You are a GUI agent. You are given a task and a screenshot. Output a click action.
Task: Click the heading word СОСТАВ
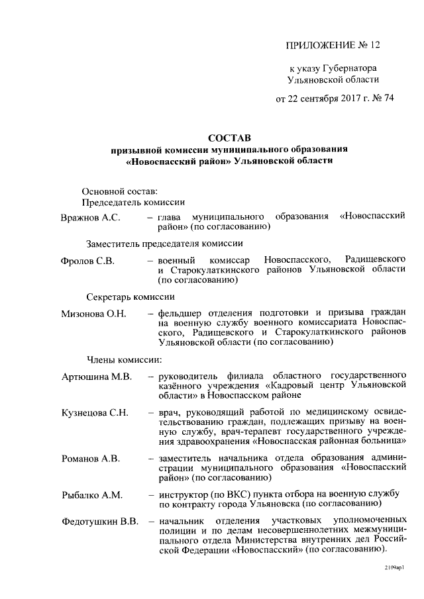[229, 138]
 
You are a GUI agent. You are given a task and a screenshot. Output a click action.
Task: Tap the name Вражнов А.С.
[90, 216]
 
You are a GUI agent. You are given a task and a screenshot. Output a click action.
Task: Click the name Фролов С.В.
[87, 260]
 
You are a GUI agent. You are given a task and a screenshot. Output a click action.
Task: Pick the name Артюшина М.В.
[97, 377]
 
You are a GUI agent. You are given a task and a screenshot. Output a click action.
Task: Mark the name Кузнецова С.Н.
[94, 412]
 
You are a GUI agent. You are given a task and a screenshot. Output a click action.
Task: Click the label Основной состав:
[119, 191]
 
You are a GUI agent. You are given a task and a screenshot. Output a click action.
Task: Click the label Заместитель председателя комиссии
[160, 243]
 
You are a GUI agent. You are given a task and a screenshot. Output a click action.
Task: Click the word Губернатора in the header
[355, 68]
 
